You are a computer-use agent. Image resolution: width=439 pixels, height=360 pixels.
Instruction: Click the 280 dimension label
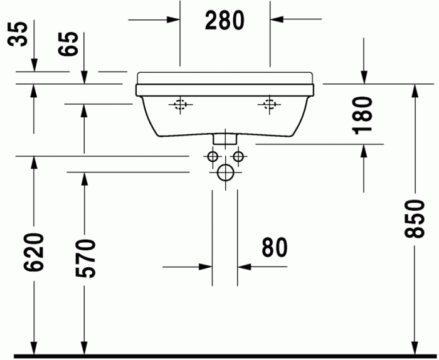click(x=225, y=21)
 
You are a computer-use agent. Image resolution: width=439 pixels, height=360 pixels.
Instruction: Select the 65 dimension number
click(x=71, y=45)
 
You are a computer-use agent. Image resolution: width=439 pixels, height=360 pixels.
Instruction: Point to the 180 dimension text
click(x=363, y=115)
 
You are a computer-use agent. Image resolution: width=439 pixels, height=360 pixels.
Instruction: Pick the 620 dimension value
click(x=34, y=252)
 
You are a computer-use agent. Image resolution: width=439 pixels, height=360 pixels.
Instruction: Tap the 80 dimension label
click(x=274, y=247)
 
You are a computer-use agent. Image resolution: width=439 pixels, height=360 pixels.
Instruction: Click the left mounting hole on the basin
click(x=181, y=105)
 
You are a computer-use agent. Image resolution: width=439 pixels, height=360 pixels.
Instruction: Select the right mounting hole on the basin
click(x=270, y=105)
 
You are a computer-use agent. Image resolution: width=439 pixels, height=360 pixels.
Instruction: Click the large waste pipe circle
click(x=225, y=173)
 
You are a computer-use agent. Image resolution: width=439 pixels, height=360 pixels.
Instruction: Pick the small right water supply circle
click(x=238, y=156)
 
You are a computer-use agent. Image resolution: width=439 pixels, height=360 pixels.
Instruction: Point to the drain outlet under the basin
click(x=225, y=137)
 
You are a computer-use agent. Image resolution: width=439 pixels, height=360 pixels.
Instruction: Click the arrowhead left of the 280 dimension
click(x=174, y=19)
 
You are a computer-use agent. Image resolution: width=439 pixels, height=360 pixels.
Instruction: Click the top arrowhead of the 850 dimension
click(x=414, y=90)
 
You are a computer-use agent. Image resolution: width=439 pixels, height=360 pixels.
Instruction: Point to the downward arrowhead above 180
click(x=364, y=77)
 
